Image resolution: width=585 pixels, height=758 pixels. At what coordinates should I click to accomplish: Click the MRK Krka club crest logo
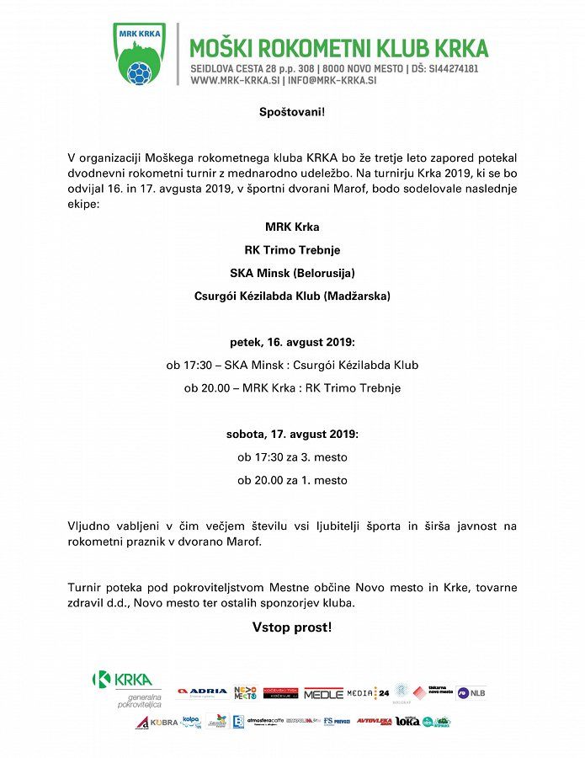(x=140, y=54)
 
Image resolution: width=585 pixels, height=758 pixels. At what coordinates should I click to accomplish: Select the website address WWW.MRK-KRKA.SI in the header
(x=236, y=81)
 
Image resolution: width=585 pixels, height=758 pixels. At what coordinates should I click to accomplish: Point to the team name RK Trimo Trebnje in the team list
(x=292, y=250)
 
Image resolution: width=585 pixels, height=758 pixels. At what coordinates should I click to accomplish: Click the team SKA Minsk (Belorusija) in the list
(x=292, y=273)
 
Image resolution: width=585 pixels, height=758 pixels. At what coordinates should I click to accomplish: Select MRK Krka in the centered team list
(x=292, y=227)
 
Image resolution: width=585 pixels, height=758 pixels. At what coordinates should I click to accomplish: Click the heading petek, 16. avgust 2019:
(x=292, y=342)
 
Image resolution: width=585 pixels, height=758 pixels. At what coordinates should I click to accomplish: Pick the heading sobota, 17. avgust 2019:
(x=292, y=435)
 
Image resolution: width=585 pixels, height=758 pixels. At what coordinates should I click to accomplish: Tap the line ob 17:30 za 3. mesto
(x=292, y=457)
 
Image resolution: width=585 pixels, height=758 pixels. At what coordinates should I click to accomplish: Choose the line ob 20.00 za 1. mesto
(x=292, y=480)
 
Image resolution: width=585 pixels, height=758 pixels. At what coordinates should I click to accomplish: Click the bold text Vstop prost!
(x=292, y=627)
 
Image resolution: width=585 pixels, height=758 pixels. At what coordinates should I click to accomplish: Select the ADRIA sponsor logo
(x=202, y=692)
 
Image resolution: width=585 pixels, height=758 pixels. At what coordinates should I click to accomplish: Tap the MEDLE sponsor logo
(x=323, y=693)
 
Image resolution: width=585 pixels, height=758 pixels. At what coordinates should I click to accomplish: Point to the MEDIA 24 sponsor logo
(x=368, y=693)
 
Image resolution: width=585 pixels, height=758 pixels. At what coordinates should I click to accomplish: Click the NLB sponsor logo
(x=471, y=693)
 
